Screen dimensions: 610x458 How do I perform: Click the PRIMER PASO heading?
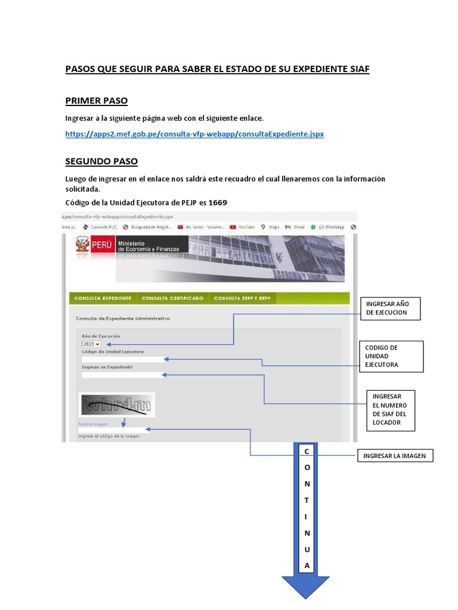96,101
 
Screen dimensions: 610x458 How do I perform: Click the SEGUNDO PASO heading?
101,161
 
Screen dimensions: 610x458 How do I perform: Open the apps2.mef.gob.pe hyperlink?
194,134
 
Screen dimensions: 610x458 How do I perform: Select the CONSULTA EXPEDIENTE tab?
103,298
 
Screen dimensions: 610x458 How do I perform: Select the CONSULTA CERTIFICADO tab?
172,298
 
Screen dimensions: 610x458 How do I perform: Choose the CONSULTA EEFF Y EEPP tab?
242,298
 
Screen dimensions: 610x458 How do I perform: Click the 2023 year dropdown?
91,344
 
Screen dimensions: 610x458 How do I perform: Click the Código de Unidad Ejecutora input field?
122,359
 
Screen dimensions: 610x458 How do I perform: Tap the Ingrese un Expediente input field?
122,375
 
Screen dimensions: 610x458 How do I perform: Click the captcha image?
117,405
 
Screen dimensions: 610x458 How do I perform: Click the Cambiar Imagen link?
93,425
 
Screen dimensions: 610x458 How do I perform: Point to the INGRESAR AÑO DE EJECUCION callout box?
390,308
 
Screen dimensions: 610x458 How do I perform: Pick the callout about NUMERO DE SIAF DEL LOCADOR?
390,409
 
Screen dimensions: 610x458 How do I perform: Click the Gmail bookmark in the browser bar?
295,227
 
